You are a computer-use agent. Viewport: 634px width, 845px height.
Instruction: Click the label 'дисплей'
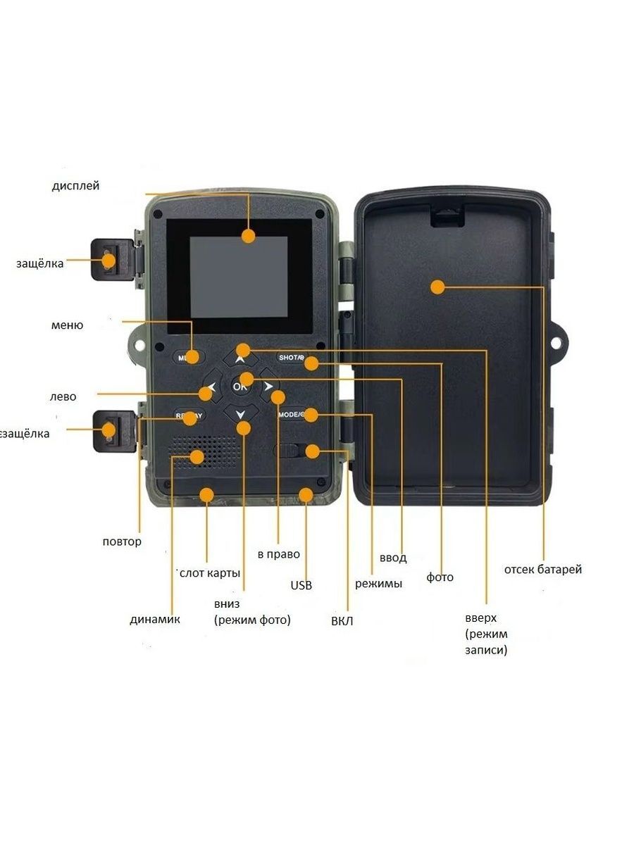click(75, 186)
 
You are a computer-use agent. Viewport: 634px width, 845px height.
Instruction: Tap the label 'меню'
click(67, 325)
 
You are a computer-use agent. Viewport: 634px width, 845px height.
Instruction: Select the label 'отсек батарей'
click(543, 569)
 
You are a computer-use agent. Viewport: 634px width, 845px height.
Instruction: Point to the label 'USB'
click(301, 585)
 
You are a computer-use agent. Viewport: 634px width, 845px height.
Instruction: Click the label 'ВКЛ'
click(342, 621)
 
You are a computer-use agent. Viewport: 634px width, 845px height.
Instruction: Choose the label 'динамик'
click(155, 620)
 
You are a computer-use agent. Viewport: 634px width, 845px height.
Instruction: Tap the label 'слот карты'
click(210, 572)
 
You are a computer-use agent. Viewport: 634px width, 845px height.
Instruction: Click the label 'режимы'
click(378, 583)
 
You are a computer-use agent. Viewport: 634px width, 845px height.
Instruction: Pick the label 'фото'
click(440, 577)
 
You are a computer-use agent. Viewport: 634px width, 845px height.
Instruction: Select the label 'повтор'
click(122, 542)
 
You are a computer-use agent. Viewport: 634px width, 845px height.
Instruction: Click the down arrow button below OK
click(240, 414)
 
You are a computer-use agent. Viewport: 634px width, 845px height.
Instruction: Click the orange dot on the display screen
click(248, 237)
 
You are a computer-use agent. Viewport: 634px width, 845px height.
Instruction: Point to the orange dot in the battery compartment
click(437, 287)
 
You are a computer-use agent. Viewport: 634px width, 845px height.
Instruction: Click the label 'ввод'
click(393, 558)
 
